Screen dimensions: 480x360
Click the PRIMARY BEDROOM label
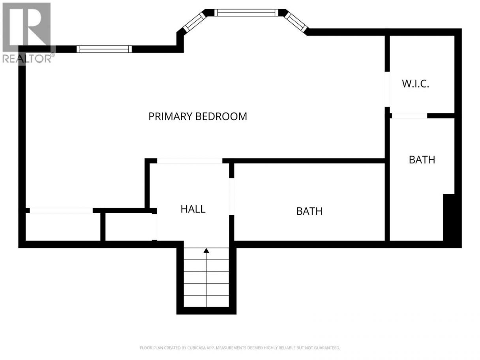[198, 116]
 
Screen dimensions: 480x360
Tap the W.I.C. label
[415, 84]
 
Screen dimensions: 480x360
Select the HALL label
[193, 209]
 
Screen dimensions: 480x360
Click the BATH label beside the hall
[309, 211]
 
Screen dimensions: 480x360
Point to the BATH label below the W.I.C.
[422, 160]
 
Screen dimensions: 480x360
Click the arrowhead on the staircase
[206, 251]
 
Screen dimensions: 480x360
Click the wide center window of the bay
[246, 13]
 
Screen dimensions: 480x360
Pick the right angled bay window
[296, 22]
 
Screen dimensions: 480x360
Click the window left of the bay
[104, 49]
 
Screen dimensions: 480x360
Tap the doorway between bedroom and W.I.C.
[387, 89]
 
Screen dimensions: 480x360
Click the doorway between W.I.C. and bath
[410, 116]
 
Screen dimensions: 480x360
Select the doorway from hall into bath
[231, 197]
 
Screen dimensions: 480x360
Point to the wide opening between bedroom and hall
[189, 161]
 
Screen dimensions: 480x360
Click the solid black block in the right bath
[448, 217]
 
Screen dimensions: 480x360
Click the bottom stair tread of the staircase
[206, 301]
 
